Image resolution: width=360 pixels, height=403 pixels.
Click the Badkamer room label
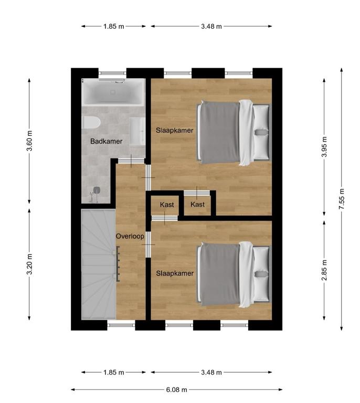[106, 141]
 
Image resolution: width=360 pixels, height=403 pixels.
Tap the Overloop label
[130, 236]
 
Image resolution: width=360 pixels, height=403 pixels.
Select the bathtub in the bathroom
[113, 92]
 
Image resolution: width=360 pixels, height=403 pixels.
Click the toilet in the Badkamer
[91, 122]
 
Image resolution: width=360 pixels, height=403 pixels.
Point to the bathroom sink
[137, 132]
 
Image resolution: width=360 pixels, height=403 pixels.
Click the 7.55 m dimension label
[341, 199]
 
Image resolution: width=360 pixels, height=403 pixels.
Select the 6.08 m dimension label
[176, 390]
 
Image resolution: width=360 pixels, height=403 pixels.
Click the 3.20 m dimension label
[29, 264]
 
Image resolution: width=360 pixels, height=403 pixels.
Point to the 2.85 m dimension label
[324, 270]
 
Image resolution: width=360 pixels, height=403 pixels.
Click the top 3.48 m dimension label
[211, 26]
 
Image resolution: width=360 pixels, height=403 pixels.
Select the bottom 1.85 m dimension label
[113, 372]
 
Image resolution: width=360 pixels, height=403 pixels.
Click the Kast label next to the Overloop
[167, 205]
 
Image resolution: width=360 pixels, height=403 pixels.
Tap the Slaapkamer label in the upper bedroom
[174, 130]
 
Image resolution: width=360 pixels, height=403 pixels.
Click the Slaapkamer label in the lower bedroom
[175, 273]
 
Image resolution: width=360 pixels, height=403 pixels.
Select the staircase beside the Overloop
[99, 264]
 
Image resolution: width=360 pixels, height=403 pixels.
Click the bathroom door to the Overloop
[131, 161]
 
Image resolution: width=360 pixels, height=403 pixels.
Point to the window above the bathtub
[112, 73]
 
